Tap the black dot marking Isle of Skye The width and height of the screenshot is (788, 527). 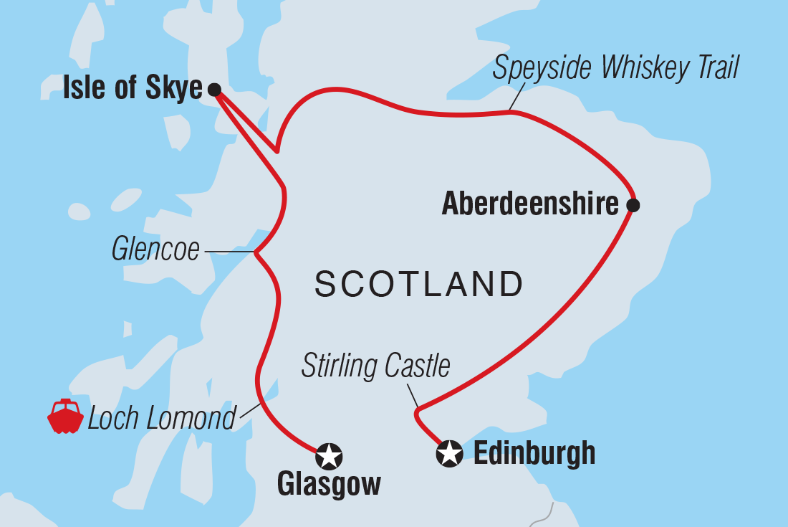click(x=213, y=90)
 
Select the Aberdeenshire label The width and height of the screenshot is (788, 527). click(x=530, y=205)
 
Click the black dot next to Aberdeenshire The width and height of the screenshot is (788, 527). click(x=633, y=206)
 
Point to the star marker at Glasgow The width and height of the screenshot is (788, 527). click(x=330, y=455)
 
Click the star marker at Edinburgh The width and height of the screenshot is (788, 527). click(x=450, y=453)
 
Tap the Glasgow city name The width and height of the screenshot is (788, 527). click(x=329, y=486)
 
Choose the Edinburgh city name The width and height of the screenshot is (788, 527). click(x=534, y=453)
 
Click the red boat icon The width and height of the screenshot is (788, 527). click(x=65, y=417)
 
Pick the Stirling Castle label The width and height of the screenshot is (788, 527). click(x=375, y=366)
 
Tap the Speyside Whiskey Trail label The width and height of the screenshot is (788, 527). click(x=616, y=69)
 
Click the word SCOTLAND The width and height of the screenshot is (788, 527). click(x=419, y=285)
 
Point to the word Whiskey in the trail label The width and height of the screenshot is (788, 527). click(x=634, y=69)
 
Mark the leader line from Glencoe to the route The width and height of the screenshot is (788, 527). click(x=229, y=252)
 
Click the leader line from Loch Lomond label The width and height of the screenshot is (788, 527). click(x=250, y=410)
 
